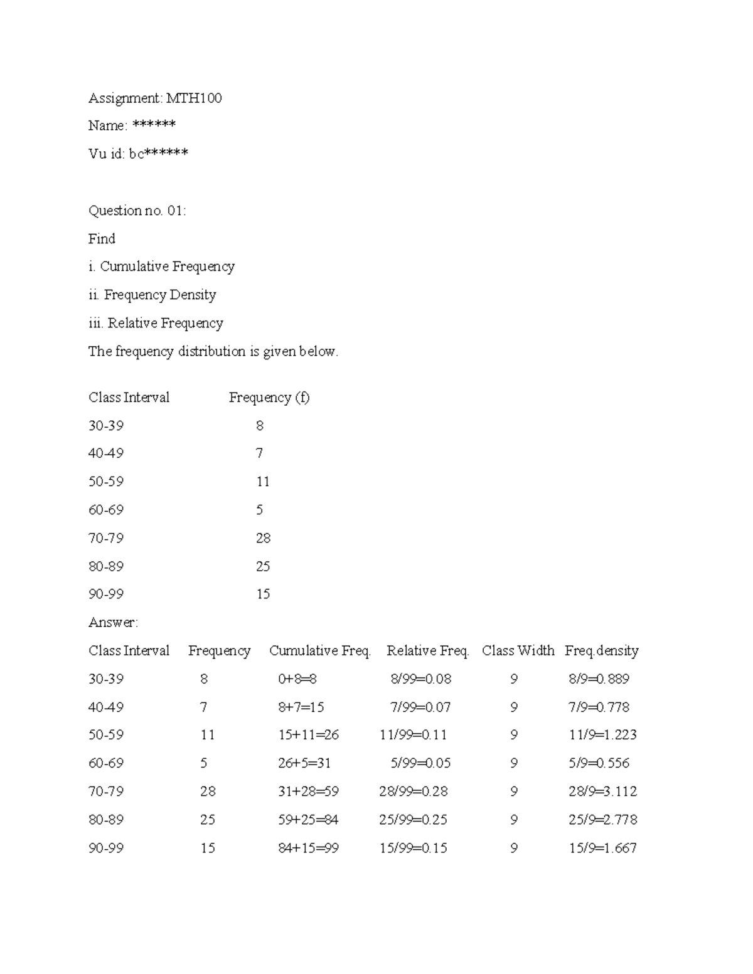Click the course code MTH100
coord(194,98)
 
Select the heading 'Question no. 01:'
coord(137,210)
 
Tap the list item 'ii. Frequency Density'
coord(152,295)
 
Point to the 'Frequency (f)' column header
coord(269,398)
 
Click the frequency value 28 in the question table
coord(263,538)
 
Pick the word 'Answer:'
coord(113,622)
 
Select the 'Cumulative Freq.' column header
coord(320,651)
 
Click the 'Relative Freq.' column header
coord(428,651)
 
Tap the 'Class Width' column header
coord(518,651)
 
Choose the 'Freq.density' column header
coord(602,651)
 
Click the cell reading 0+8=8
coord(297,679)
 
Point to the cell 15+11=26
coord(308,735)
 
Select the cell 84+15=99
coord(308,848)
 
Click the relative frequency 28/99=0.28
coord(414,791)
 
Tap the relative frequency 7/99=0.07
coord(420,707)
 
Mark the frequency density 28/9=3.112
coord(603,791)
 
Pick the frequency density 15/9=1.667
coord(603,848)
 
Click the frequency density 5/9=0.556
coord(599,763)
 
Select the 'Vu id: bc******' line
coord(138,154)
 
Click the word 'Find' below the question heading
coord(102,239)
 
